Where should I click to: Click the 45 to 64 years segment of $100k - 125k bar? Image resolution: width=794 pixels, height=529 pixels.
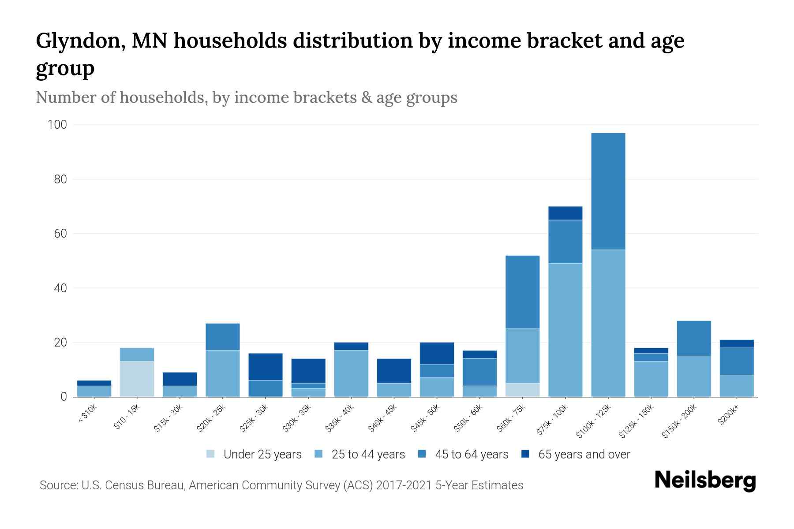pyautogui.click(x=608, y=191)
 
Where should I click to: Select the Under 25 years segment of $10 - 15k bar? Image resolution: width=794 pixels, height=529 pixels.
pyautogui.click(x=137, y=379)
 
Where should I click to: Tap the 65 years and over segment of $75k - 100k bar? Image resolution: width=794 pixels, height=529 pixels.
pyautogui.click(x=565, y=213)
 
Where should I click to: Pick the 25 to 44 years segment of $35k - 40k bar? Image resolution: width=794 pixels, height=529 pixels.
pyautogui.click(x=351, y=373)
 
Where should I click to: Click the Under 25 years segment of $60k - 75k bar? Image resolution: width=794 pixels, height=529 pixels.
pyautogui.click(x=522, y=390)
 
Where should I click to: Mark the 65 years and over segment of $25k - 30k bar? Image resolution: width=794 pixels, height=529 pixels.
pyautogui.click(x=266, y=367)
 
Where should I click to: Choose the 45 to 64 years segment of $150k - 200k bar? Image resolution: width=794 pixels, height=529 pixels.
pyautogui.click(x=693, y=338)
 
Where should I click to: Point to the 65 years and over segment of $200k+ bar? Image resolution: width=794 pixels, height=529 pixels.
pyautogui.click(x=736, y=344)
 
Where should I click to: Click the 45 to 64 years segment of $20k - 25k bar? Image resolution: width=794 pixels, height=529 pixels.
pyautogui.click(x=222, y=337)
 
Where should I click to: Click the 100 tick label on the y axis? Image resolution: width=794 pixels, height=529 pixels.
pyautogui.click(x=57, y=125)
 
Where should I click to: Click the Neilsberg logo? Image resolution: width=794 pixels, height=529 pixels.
pyautogui.click(x=705, y=481)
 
